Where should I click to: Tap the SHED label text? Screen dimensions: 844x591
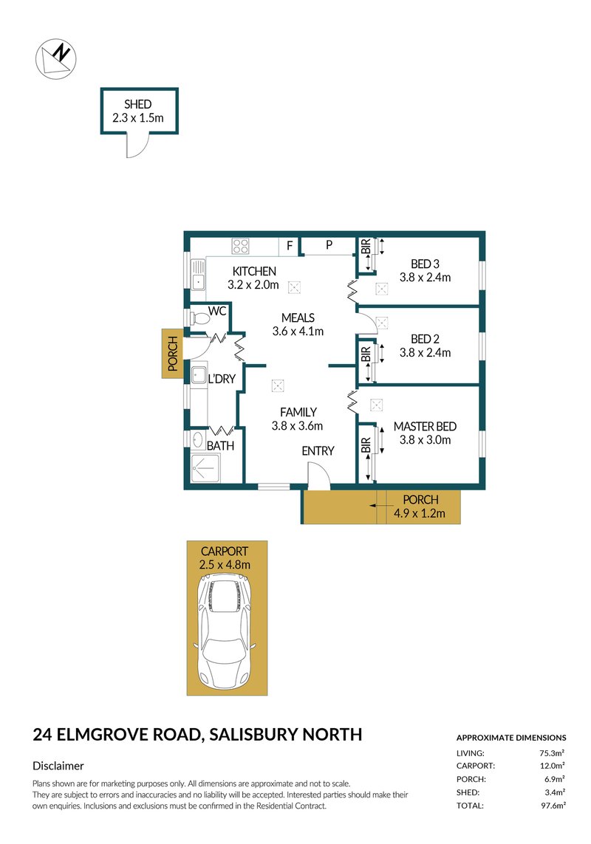[x=137, y=105]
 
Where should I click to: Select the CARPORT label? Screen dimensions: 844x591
[x=225, y=551]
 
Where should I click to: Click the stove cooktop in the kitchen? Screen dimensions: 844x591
[x=240, y=246]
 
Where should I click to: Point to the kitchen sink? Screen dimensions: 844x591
[x=197, y=275]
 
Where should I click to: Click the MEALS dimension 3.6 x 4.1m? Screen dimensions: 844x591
[x=298, y=331]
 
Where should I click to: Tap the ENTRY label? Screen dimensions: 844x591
[x=318, y=451]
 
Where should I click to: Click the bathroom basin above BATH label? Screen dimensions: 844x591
[x=198, y=440]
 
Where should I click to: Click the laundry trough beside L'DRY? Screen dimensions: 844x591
[x=197, y=375]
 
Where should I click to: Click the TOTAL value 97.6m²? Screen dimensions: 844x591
[x=552, y=805]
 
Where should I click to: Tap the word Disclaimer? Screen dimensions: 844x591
[x=58, y=766]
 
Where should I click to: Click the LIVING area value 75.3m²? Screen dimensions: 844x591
[x=552, y=752]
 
